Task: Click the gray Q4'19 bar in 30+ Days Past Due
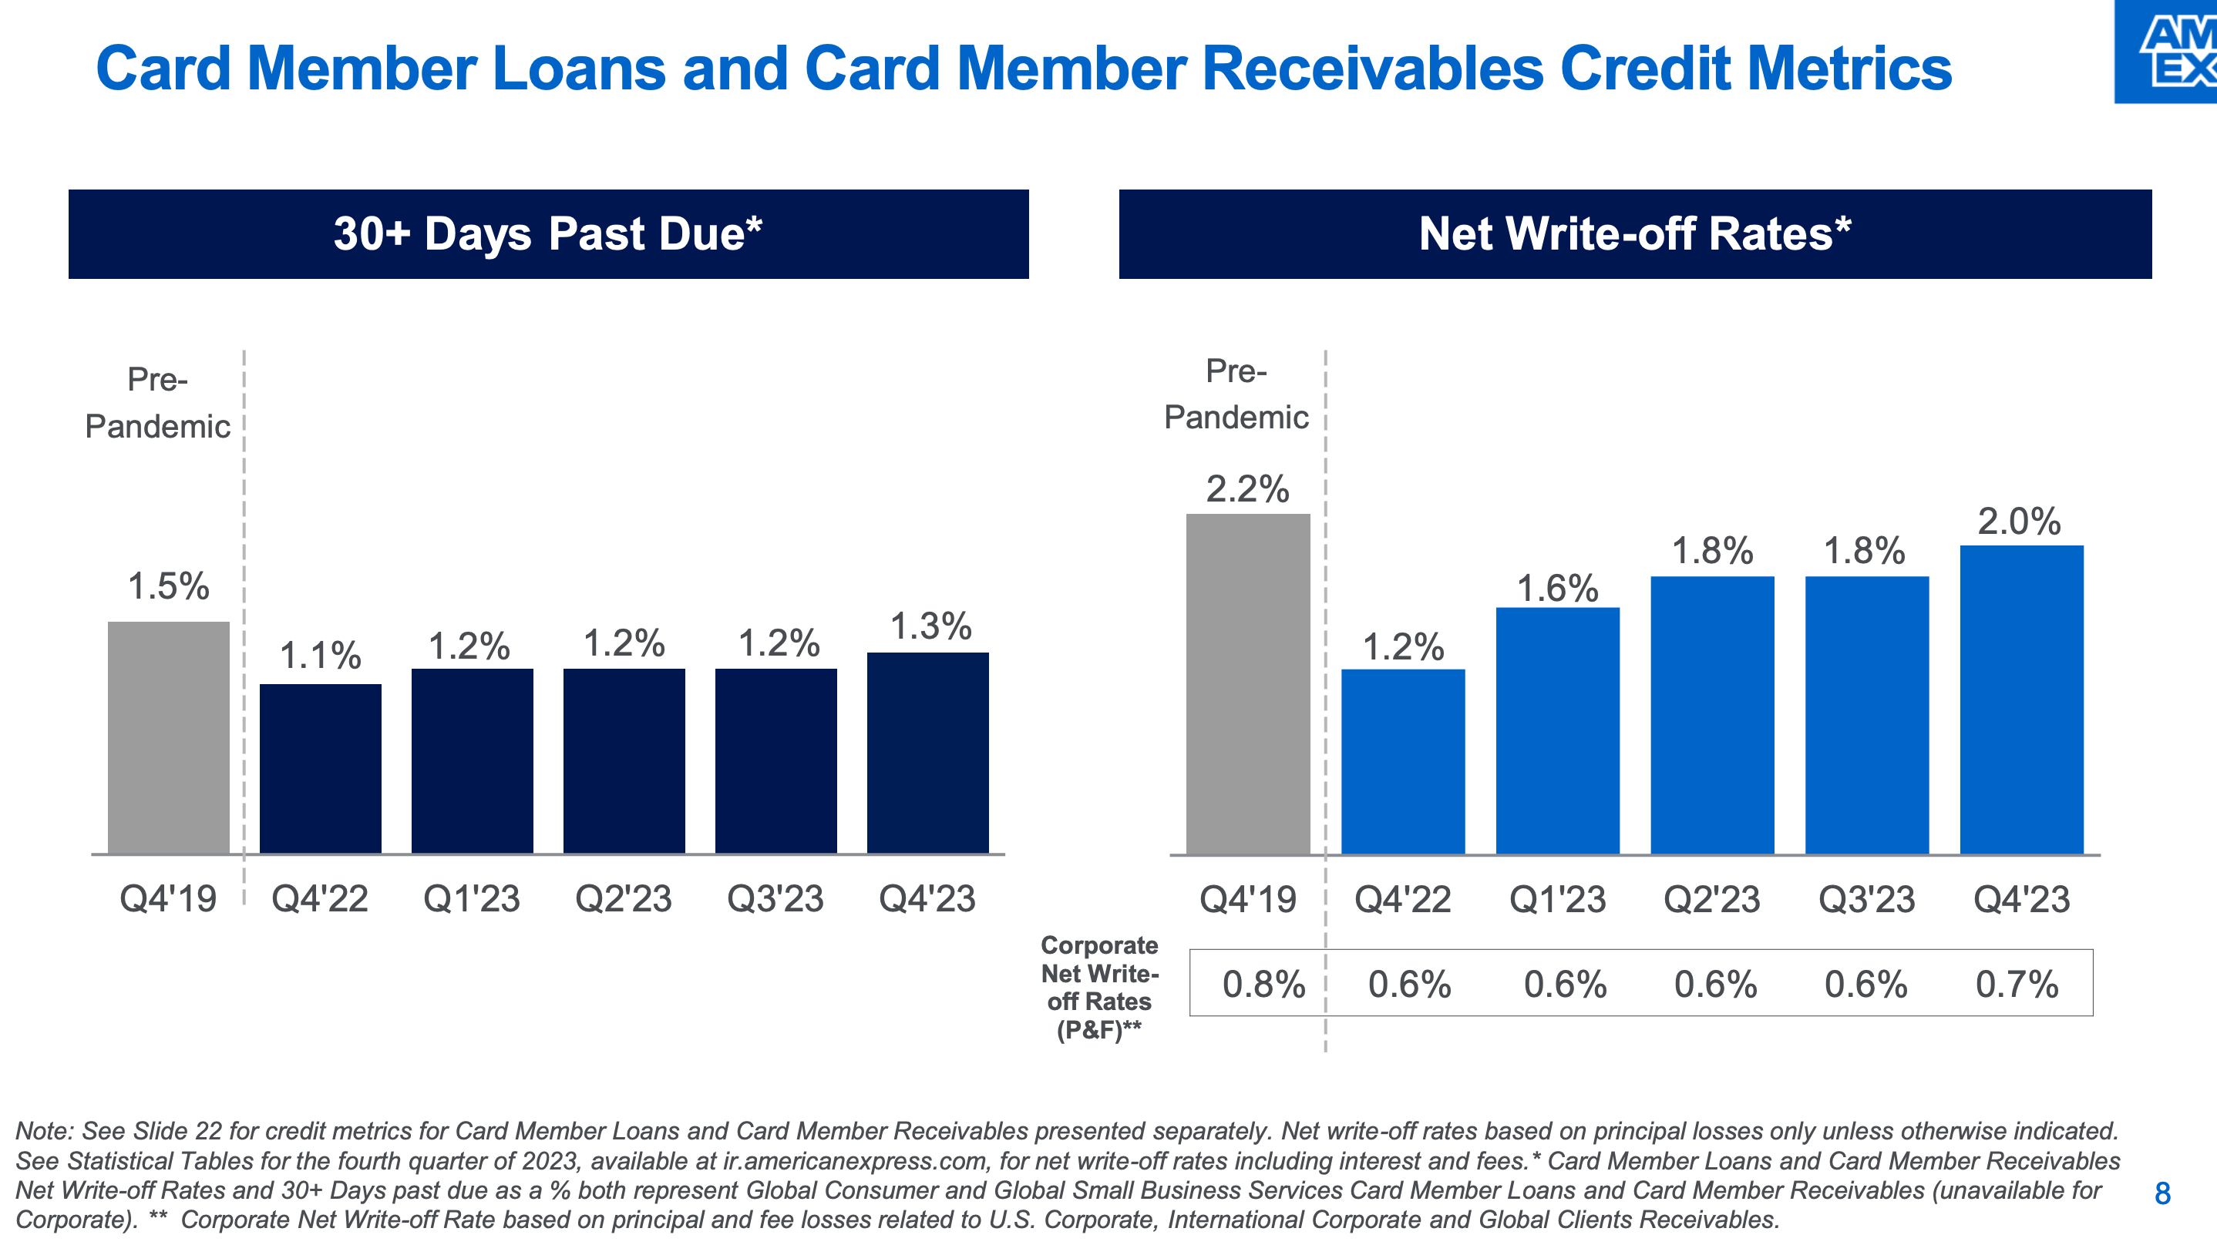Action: click(169, 737)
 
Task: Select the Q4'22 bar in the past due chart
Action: click(320, 768)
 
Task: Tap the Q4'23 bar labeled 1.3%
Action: click(928, 753)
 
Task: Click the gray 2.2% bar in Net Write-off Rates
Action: click(1248, 684)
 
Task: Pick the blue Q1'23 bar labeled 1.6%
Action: click(1558, 730)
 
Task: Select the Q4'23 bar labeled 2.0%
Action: click(2022, 700)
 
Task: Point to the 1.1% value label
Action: click(320, 656)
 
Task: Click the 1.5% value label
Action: click(169, 587)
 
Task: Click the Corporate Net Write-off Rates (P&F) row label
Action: click(1099, 988)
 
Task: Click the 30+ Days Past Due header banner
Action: click(548, 234)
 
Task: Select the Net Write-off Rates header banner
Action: click(1634, 234)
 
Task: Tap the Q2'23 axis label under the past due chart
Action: click(623, 899)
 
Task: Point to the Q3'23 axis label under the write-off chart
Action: click(1867, 900)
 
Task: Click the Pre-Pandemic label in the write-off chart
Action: click(1236, 394)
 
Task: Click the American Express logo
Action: click(2168, 52)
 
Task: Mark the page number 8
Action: click(2162, 1193)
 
